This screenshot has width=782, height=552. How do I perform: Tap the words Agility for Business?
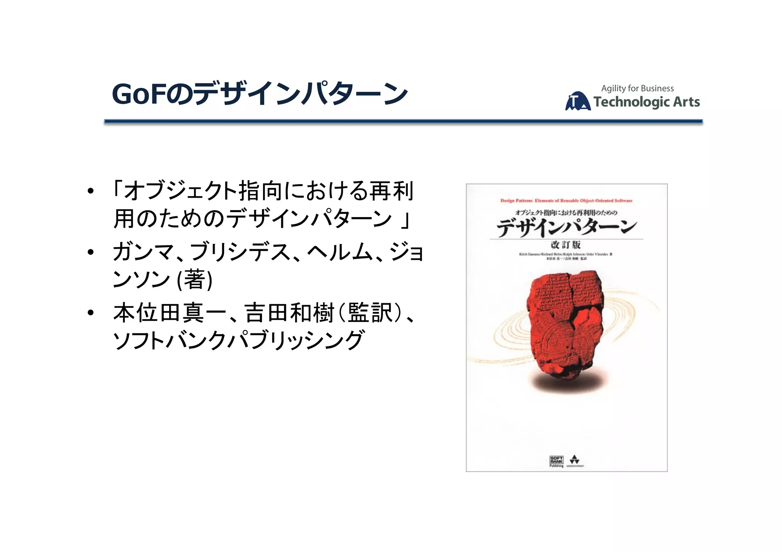click(637, 89)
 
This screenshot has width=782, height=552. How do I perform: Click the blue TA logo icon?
click(577, 101)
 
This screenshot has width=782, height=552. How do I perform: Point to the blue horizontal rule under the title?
click(403, 121)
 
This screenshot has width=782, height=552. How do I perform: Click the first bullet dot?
click(90, 191)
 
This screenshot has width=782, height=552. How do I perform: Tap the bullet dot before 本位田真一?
click(90, 313)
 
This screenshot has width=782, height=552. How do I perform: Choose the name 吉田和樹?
click(289, 313)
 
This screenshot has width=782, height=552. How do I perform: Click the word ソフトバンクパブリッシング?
click(239, 340)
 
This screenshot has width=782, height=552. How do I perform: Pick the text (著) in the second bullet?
click(195, 280)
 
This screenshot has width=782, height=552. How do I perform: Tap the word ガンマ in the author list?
click(143, 252)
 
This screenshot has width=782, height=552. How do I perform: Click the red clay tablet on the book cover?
click(564, 324)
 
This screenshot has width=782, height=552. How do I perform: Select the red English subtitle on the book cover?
click(566, 201)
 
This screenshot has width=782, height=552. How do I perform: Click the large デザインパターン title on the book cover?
click(566, 228)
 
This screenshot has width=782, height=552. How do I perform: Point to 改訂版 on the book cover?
click(565, 245)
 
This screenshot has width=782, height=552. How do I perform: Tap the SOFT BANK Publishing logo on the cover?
click(556, 461)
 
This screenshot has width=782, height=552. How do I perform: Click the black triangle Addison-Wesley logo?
click(575, 460)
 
